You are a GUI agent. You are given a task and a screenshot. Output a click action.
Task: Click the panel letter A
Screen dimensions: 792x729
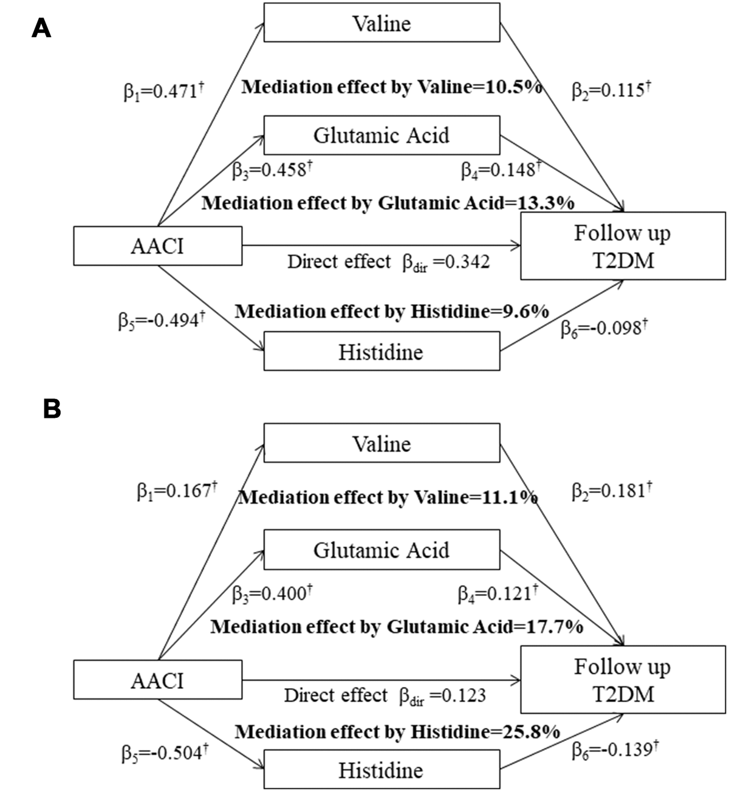point(41,27)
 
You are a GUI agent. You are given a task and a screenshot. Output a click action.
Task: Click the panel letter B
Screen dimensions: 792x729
point(52,409)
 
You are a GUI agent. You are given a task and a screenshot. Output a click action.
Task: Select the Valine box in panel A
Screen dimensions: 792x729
point(381,24)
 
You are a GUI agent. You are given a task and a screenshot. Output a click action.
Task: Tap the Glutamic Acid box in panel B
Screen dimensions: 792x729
point(381,550)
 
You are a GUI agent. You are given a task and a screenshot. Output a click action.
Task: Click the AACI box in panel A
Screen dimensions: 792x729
point(157,246)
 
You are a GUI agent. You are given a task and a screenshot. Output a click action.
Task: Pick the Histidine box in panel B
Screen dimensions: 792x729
point(381,770)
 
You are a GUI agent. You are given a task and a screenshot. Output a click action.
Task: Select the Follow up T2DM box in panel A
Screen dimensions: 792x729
point(623,245)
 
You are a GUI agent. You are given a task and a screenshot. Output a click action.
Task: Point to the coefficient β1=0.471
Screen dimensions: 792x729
point(163,92)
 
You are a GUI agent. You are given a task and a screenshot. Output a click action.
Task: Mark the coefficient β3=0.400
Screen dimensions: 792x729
point(273,593)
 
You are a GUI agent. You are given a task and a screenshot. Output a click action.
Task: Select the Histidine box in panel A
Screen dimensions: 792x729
point(381,352)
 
